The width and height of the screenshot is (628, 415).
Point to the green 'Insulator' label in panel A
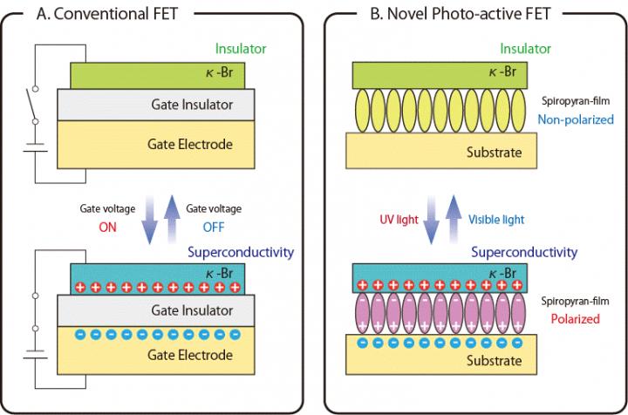tap(242, 50)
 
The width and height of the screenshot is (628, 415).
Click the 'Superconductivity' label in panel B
tap(524, 252)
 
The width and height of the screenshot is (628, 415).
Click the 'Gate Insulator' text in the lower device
tap(155, 310)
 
